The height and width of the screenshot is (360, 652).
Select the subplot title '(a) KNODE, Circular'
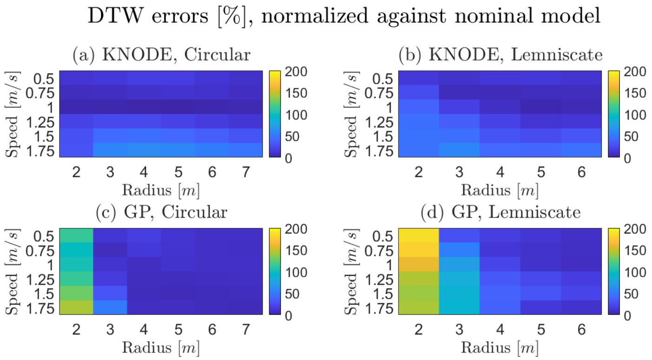tap(161, 54)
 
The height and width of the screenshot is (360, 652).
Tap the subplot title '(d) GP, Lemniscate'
tap(501, 212)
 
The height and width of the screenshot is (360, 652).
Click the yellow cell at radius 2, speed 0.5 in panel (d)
tap(419, 235)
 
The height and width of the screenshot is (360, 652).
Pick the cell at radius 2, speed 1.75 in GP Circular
tap(76, 307)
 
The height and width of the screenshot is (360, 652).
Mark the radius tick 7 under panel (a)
tap(246, 172)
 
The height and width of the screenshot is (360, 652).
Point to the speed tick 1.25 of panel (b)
tap(379, 122)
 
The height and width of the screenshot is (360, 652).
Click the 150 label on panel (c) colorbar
tap(296, 251)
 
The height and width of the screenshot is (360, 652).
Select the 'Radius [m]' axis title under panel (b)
tap(500, 190)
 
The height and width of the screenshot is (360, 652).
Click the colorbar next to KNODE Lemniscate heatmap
tap(613, 114)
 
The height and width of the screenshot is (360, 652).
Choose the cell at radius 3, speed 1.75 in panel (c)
tap(110, 307)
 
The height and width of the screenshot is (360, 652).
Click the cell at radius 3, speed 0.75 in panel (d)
tap(459, 250)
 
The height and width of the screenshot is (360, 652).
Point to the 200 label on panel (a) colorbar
tap(296, 72)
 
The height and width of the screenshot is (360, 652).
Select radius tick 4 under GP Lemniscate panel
tap(500, 329)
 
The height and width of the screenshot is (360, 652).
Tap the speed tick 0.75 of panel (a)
tap(40, 93)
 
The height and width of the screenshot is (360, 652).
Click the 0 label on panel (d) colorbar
tap(627, 316)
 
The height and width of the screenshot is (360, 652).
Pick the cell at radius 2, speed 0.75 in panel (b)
tap(419, 92)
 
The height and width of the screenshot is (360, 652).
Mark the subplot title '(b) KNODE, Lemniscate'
tap(501, 54)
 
